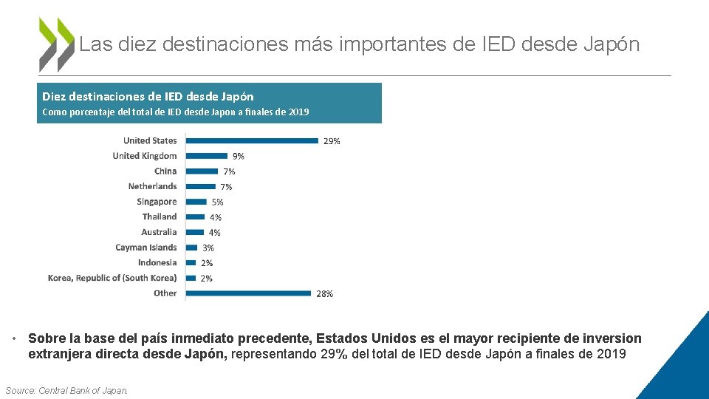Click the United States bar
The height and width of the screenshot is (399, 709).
pyautogui.click(x=252, y=140)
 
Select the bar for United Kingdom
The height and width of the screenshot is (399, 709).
pyautogui.click(x=207, y=156)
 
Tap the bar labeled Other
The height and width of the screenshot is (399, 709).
pyautogui.click(x=248, y=293)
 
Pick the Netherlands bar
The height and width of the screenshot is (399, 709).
pyautogui.click(x=201, y=186)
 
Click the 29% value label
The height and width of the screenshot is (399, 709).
pyautogui.click(x=332, y=141)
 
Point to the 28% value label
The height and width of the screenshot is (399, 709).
pyautogui.click(x=324, y=294)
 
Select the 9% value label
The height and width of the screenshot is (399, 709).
pyautogui.click(x=239, y=157)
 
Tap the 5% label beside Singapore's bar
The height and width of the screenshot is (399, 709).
pyautogui.click(x=217, y=202)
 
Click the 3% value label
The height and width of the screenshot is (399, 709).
pyautogui.click(x=208, y=248)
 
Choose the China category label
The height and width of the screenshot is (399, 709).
pyautogui.click(x=165, y=171)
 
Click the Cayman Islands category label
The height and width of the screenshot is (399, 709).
pyautogui.click(x=146, y=248)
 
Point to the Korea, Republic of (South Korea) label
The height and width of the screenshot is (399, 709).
pyautogui.click(x=112, y=278)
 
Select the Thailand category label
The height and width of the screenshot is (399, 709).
pyautogui.click(x=160, y=216)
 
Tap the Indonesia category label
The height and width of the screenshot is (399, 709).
pyautogui.click(x=157, y=262)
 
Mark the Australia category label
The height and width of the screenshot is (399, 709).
pyautogui.click(x=159, y=232)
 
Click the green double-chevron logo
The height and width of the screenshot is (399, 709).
pyautogui.click(x=57, y=44)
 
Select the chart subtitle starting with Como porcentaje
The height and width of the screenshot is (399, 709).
pyautogui.click(x=175, y=112)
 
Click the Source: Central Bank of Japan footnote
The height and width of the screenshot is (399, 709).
pyautogui.click(x=66, y=390)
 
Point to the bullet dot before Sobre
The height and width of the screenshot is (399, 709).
pyautogui.click(x=15, y=339)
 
